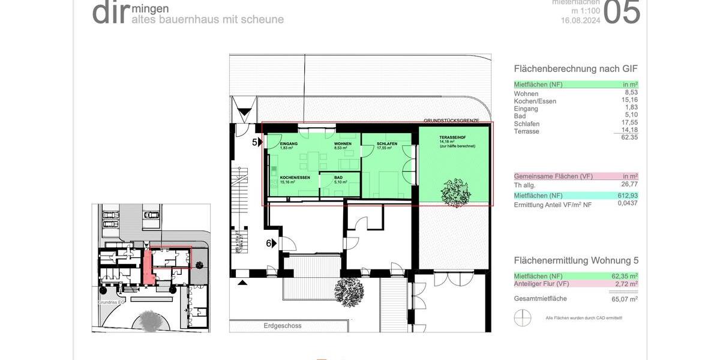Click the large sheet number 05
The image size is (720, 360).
[x=622, y=13]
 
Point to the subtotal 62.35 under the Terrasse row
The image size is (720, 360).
[x=629, y=137]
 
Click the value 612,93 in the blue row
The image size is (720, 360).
[x=628, y=196]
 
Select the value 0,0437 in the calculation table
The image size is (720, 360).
[x=628, y=203]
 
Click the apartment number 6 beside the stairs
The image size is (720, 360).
[x=270, y=243]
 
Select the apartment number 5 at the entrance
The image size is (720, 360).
[x=254, y=142]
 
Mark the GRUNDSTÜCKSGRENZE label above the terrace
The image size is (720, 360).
[x=451, y=121]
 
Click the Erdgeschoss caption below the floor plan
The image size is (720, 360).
[x=282, y=326]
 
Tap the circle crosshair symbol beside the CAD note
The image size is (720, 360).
[x=523, y=317]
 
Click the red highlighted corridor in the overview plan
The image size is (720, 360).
[x=148, y=268]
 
